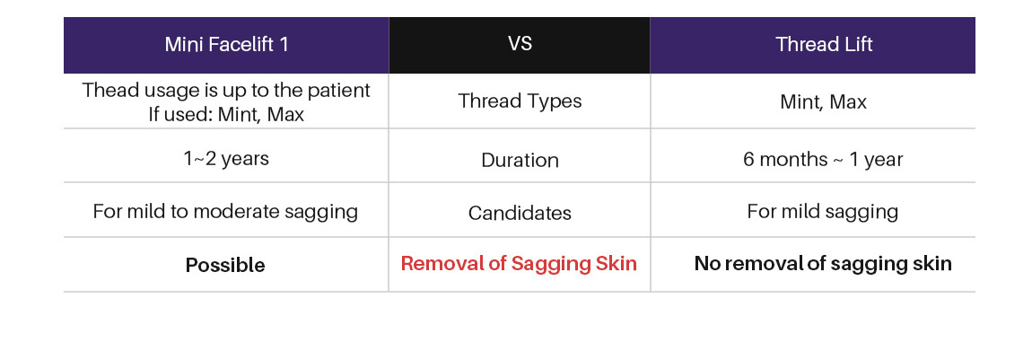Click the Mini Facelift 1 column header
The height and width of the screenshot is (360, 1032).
[226, 45]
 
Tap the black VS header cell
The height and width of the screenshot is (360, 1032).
[520, 45]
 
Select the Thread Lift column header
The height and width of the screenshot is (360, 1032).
[812, 45]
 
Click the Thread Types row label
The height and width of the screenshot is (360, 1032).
[520, 101]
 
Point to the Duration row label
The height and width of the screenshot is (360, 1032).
[520, 161]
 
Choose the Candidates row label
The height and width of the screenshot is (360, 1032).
[520, 214]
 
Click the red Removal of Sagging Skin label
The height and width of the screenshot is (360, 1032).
[520, 264]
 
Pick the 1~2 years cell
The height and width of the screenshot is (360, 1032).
[226, 159]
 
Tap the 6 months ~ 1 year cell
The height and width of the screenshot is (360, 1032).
[823, 160]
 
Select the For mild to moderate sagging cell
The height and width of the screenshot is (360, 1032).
[226, 212]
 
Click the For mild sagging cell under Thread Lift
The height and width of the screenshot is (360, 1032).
[823, 212]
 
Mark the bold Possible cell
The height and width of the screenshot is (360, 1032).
[226, 265]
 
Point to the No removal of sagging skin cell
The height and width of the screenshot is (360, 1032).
[823, 264]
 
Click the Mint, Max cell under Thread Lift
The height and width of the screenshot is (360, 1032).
[823, 102]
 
